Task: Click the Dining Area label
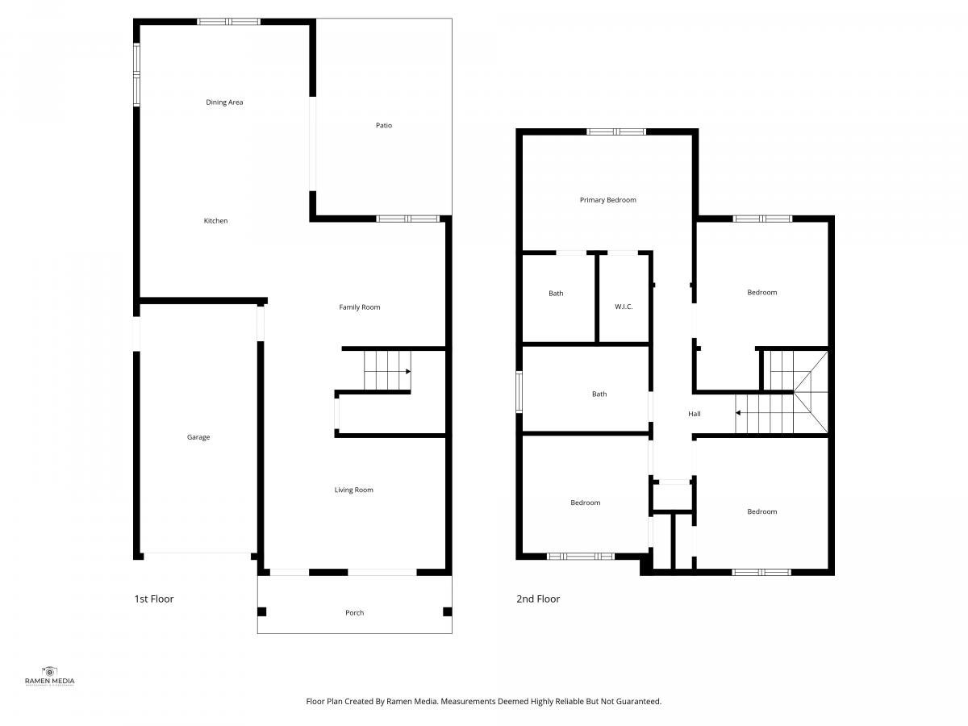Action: point(224,102)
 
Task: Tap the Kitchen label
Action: point(215,221)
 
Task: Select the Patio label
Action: point(384,126)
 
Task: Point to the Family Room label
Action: point(360,307)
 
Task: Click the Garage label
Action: point(198,437)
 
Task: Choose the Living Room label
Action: point(353,490)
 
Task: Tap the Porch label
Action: point(355,613)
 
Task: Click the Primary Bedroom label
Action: point(607,200)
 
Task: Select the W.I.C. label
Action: point(624,307)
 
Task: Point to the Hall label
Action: point(695,414)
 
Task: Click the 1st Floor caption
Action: point(154,599)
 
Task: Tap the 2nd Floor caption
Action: point(538,599)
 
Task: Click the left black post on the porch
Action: point(261,611)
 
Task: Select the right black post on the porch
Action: point(447,611)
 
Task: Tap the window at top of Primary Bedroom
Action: point(616,131)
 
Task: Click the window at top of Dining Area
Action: point(228,22)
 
